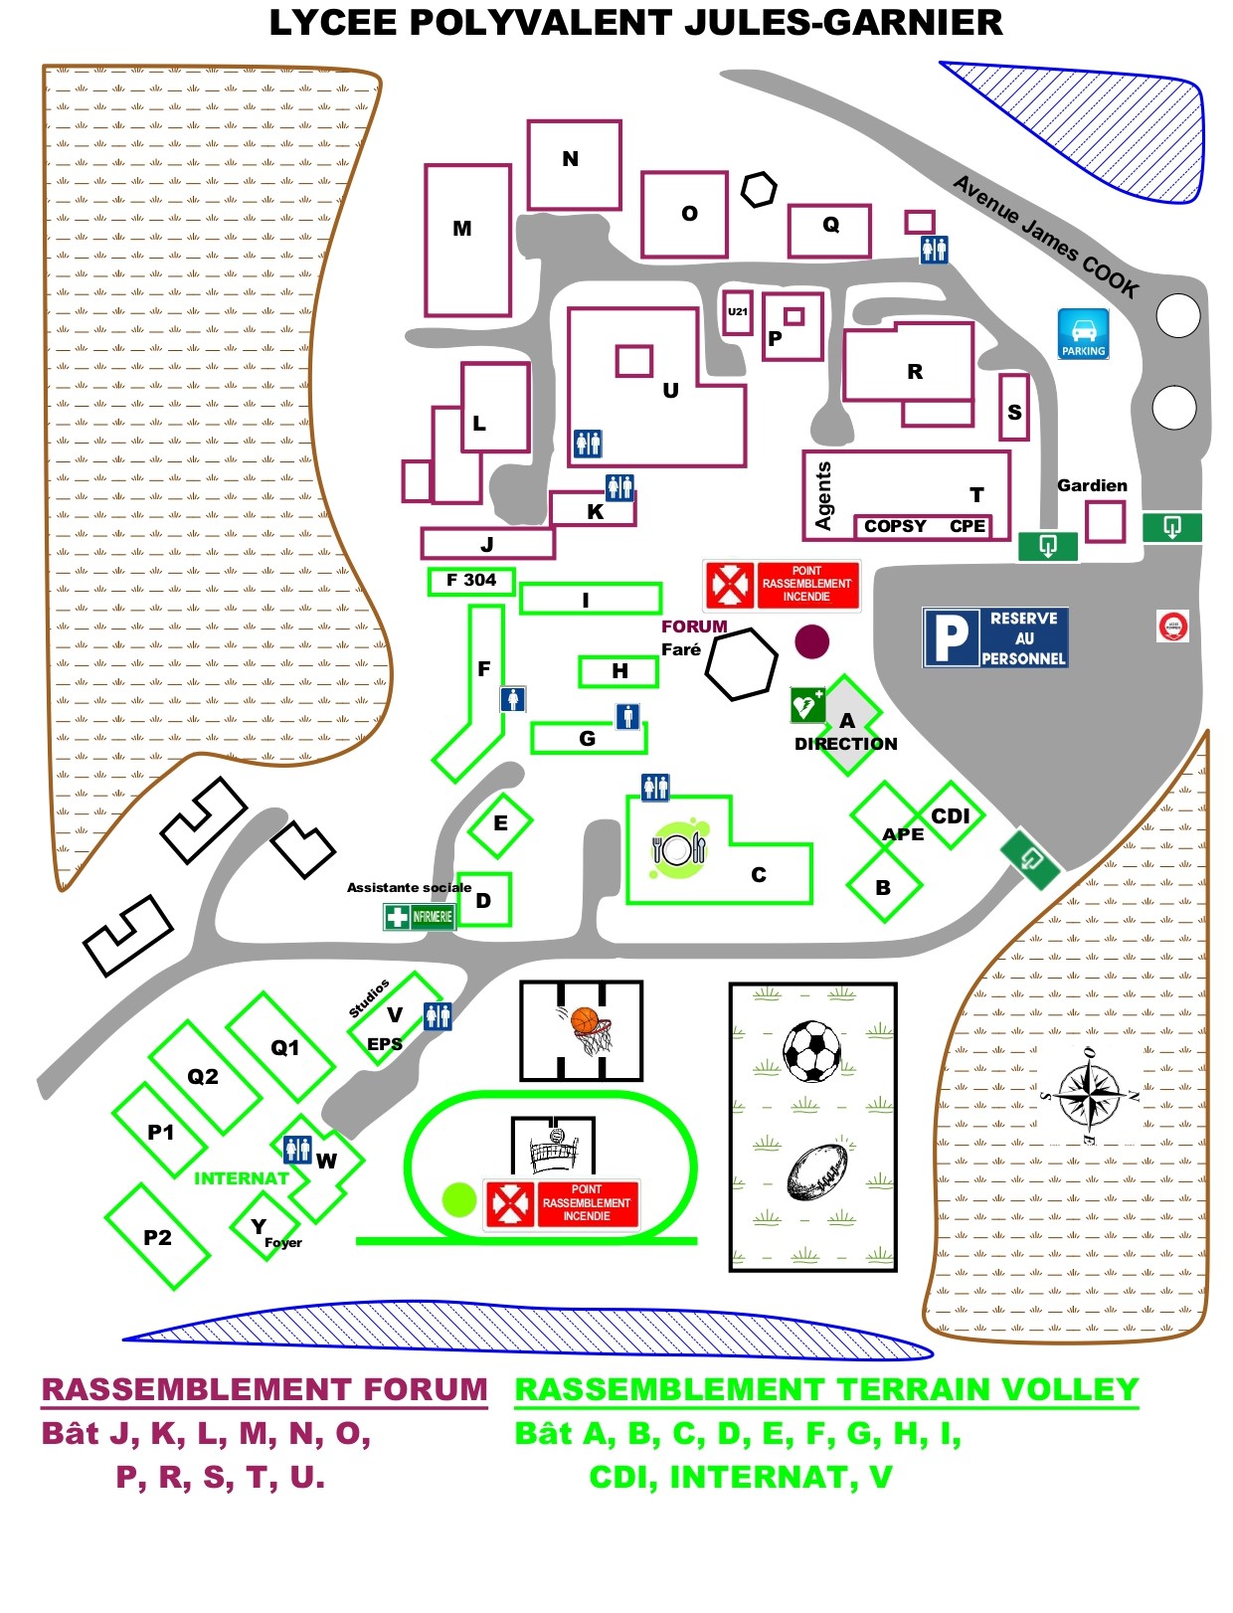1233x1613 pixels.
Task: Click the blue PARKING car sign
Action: [1083, 333]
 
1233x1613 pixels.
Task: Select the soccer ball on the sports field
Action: [811, 1051]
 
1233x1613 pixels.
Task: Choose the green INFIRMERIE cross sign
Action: [419, 916]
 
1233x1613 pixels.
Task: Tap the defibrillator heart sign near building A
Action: [806, 705]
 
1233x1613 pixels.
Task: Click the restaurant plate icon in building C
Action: [679, 848]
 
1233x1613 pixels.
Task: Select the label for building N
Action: [570, 159]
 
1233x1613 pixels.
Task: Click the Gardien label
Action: [1092, 485]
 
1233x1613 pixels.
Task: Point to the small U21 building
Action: [737, 312]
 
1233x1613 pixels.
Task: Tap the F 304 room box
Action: [471, 580]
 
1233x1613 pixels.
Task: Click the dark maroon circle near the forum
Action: [812, 641]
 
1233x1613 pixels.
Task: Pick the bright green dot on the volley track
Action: [458, 1199]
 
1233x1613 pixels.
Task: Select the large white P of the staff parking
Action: [951, 637]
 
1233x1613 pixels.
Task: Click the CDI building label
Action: [950, 815]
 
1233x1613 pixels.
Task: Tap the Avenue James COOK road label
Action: [1045, 237]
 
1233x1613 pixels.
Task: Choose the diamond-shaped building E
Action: [500, 823]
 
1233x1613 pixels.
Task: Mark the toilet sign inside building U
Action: [588, 444]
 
